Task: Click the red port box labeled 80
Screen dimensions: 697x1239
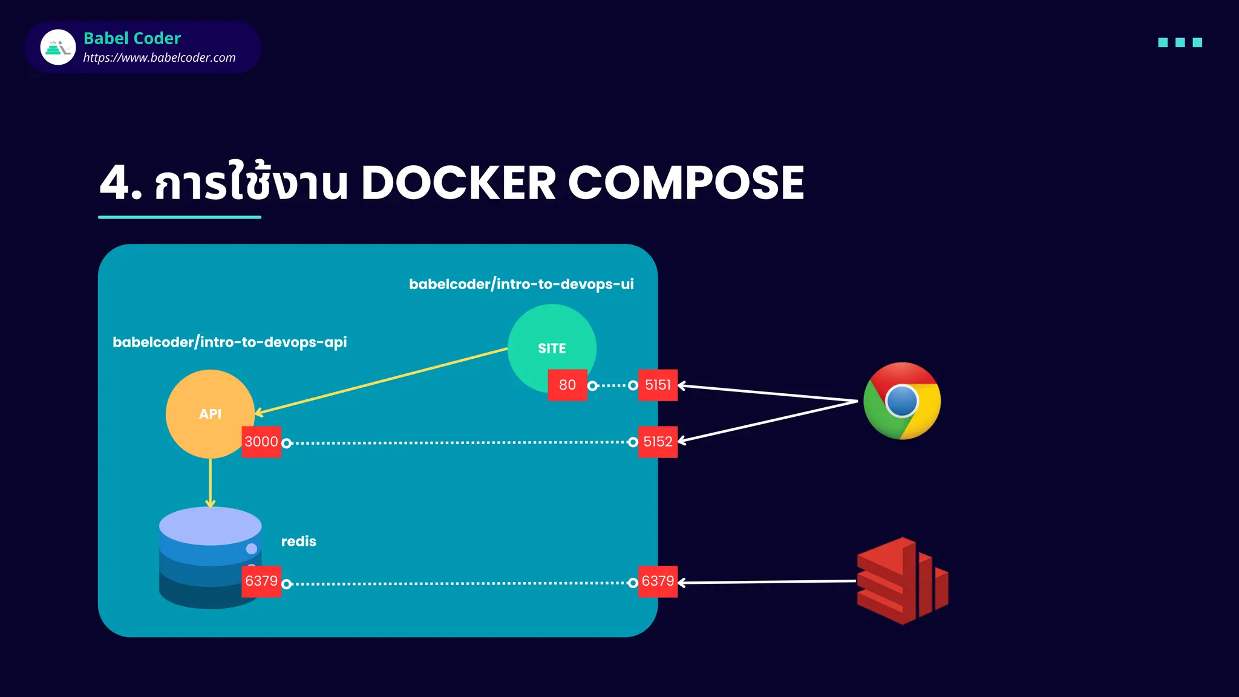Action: [567, 385]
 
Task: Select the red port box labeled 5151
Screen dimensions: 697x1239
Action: [658, 385]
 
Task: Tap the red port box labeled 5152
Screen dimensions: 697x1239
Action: [658, 442]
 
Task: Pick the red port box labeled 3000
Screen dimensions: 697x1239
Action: [261, 442]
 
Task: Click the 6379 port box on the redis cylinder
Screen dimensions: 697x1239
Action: [261, 581]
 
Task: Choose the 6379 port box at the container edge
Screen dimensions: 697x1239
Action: [658, 581]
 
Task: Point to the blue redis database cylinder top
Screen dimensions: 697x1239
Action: [210, 525]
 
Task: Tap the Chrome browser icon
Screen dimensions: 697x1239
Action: [902, 401]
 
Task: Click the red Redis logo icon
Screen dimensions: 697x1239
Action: [901, 581]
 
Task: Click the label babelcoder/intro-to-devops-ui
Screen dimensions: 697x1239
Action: [521, 284]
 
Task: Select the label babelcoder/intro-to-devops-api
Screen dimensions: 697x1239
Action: [229, 342]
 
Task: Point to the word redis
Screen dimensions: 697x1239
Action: [298, 542]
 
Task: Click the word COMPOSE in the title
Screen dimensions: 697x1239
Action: [685, 183]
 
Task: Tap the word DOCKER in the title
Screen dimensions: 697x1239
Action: [458, 183]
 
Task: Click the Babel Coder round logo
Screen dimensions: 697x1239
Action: [58, 47]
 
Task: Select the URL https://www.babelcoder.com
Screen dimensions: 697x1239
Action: [159, 58]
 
